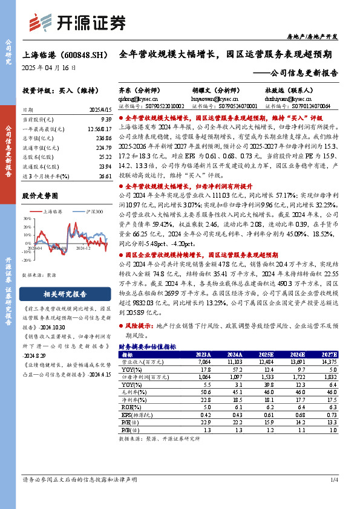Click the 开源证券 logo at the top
click(x=77, y=22)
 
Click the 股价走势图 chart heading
click(x=41, y=196)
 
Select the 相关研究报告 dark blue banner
click(x=65, y=295)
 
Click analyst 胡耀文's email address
click(x=216, y=96)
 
